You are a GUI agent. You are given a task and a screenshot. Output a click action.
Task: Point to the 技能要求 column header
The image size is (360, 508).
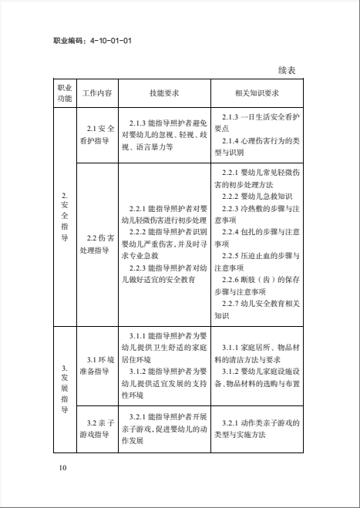pyautogui.click(x=164, y=93)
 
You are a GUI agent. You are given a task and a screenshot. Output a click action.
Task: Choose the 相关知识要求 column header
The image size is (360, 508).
pyautogui.click(x=257, y=93)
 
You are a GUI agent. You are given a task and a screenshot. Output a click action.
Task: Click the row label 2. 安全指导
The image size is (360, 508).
pyautogui.click(x=65, y=217)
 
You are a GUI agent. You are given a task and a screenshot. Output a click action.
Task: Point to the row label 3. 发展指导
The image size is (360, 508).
pyautogui.click(x=65, y=389)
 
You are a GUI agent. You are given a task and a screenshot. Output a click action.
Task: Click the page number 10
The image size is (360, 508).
pyautogui.click(x=63, y=467)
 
